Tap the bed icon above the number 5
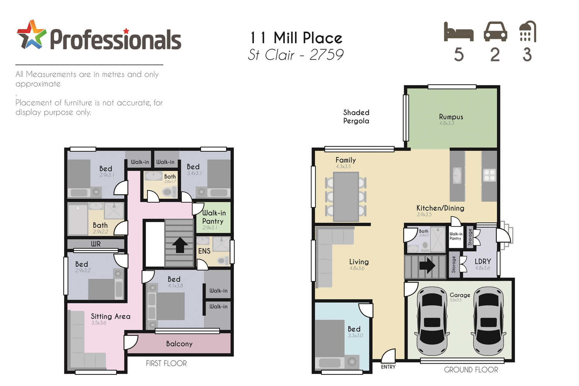tap(459, 32)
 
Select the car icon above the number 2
tap(495, 32)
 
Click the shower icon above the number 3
tap(528, 32)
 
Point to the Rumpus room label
tap(451, 117)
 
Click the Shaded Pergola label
tap(356, 117)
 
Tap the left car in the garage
tap(432, 321)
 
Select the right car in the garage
tap(489, 321)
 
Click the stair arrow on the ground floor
tap(427, 266)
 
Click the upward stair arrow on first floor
tap(179, 245)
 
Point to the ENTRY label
tap(388, 367)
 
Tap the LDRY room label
tap(482, 262)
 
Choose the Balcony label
tap(179, 344)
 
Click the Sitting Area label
tap(110, 317)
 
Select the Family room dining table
tap(346, 196)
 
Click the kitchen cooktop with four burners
tap(489, 175)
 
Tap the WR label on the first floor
tap(95, 244)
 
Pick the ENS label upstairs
tap(204, 251)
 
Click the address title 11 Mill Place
tap(296, 38)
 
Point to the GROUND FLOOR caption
tap(471, 370)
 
